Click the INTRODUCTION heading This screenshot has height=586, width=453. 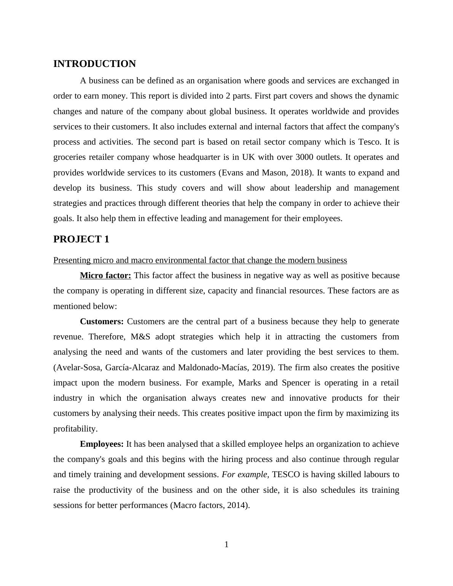click(94, 64)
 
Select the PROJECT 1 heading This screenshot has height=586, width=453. click(81, 239)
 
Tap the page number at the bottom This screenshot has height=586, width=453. click(226, 545)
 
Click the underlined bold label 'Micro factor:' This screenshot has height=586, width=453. click(105, 275)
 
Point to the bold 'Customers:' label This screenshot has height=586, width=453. click(102, 322)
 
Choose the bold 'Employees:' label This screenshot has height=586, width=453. click(102, 444)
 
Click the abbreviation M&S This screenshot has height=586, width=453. click(140, 337)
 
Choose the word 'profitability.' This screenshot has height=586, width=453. click(75, 429)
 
